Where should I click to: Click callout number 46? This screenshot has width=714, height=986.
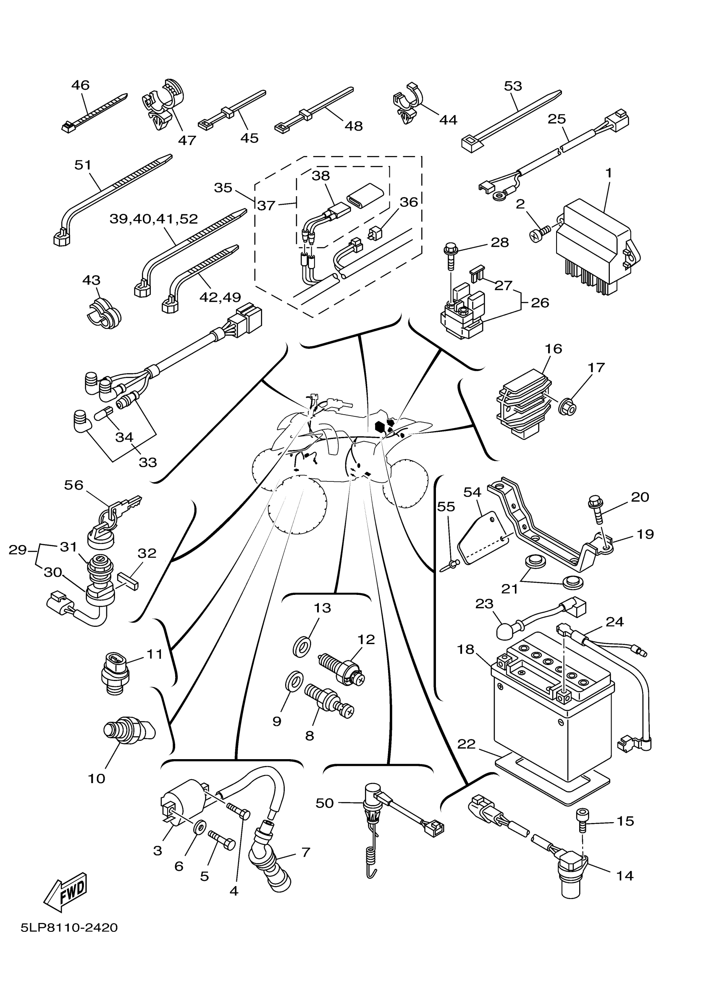pos(80,85)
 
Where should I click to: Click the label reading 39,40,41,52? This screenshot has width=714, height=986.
pos(154,219)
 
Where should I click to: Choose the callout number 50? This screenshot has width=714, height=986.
pos(325,803)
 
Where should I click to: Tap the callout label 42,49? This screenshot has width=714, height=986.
pos(220,297)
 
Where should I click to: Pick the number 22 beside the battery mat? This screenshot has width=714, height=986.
pos(466,744)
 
